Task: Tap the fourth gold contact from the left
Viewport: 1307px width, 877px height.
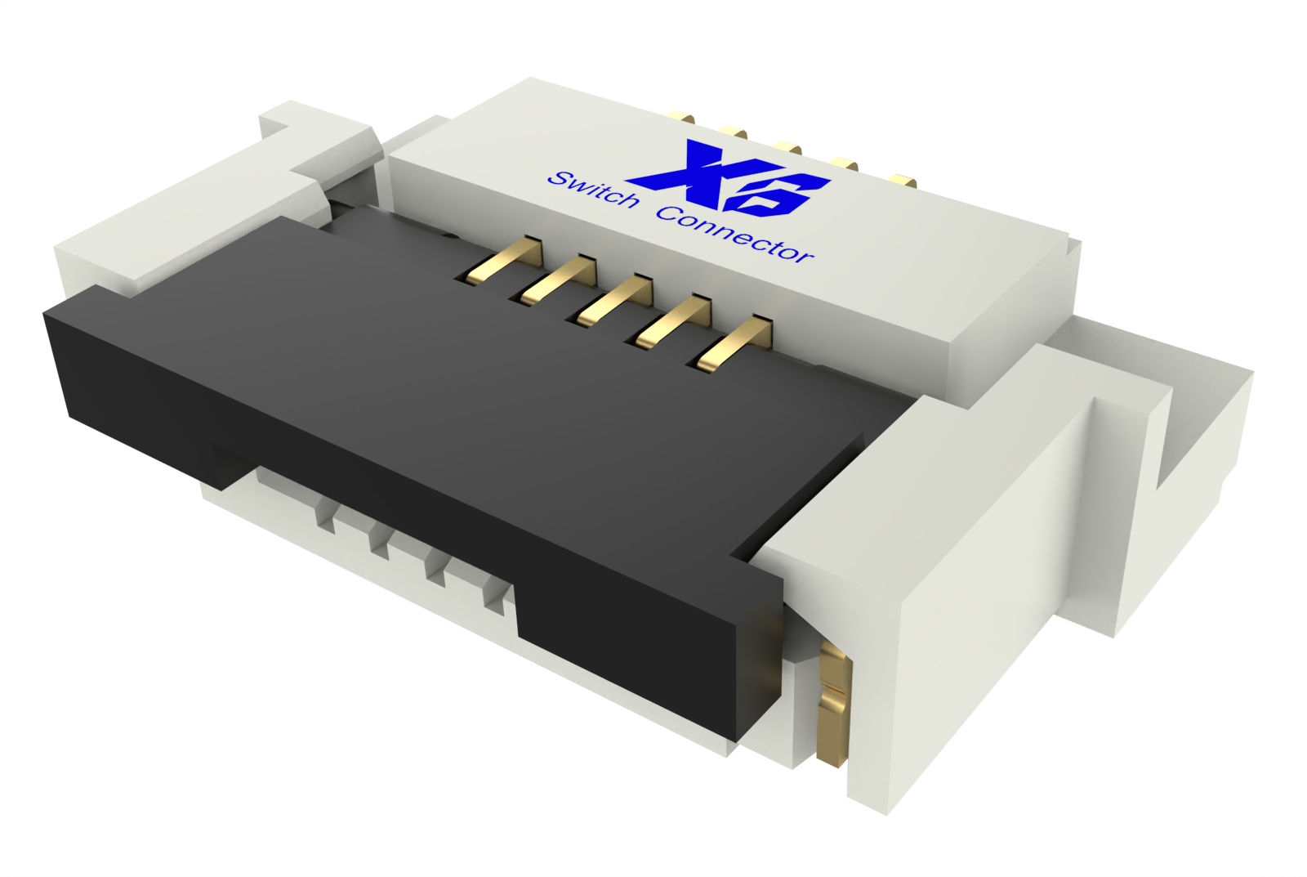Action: point(677,321)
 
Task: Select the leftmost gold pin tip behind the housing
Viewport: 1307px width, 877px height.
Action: point(681,118)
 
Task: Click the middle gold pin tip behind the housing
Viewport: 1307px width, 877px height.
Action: point(788,148)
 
